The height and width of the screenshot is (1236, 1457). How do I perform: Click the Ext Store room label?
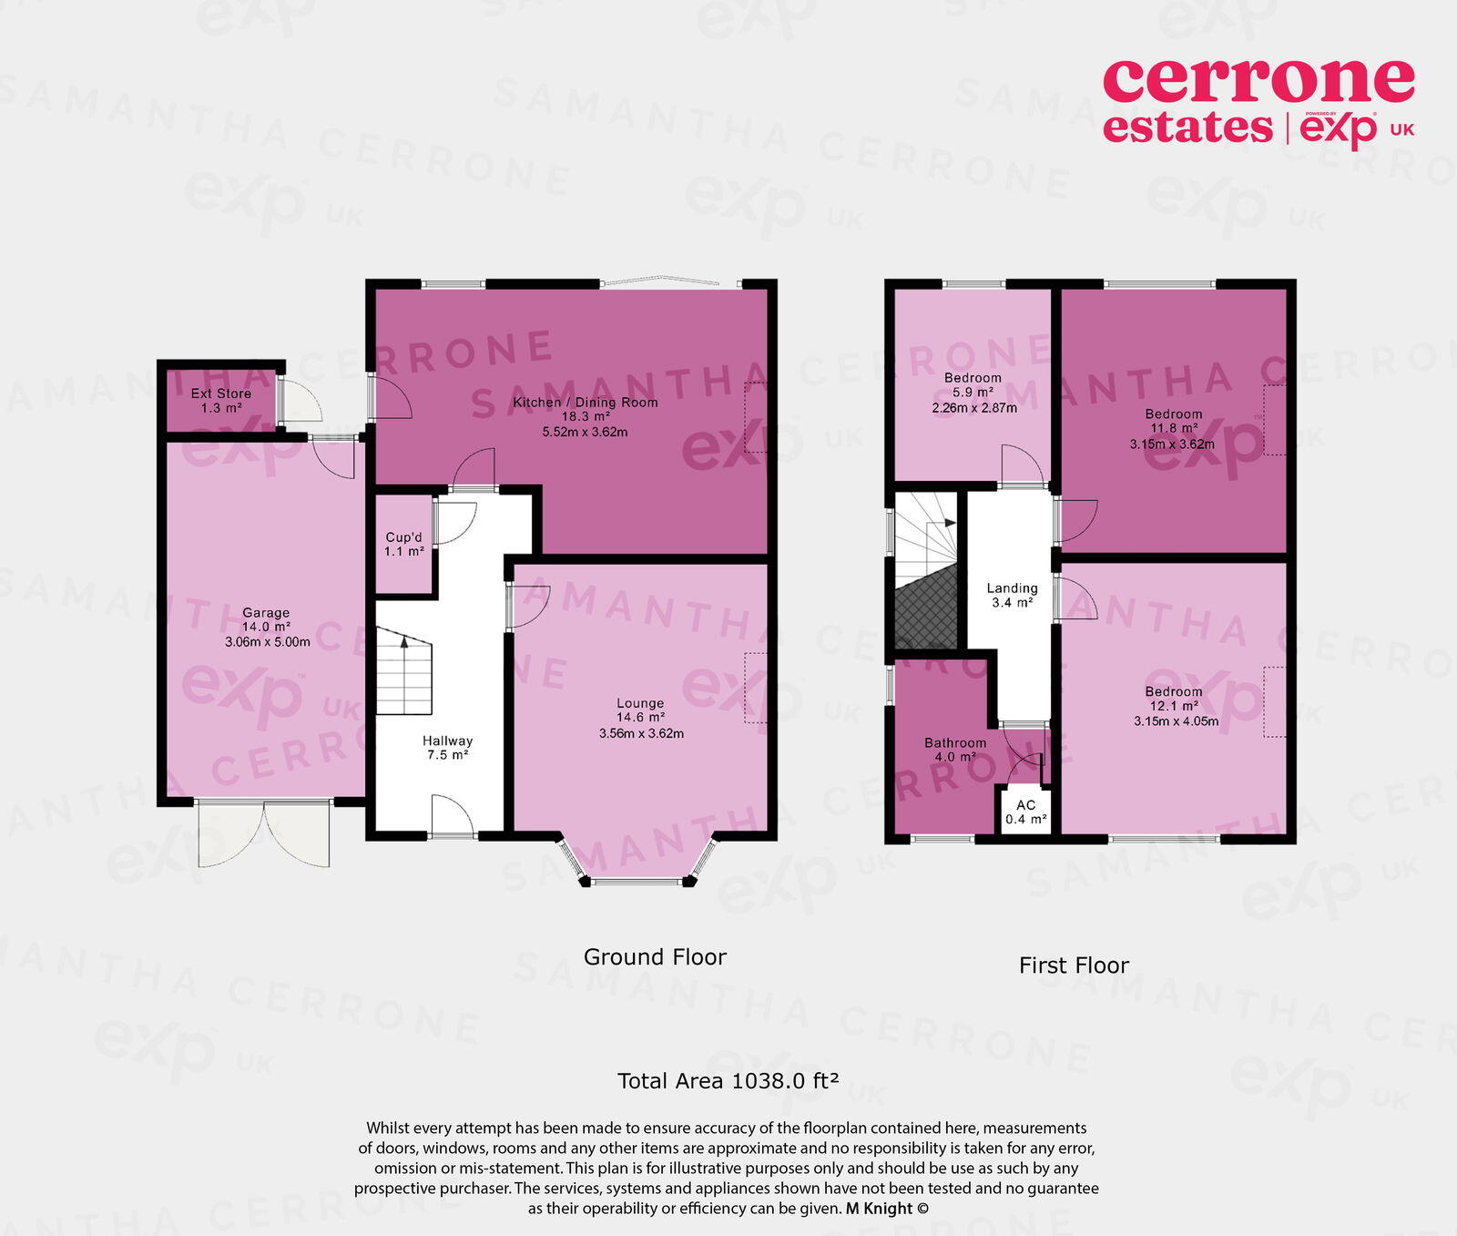pyautogui.click(x=220, y=394)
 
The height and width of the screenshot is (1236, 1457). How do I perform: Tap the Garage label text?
pyautogui.click(x=266, y=613)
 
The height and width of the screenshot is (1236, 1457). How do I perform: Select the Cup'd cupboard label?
pyautogui.click(x=403, y=537)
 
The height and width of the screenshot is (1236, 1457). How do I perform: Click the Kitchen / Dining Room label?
pyautogui.click(x=585, y=403)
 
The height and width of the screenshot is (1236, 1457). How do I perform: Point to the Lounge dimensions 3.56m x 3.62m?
pyautogui.click(x=641, y=732)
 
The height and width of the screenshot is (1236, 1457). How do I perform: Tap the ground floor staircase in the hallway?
pyautogui.click(x=404, y=674)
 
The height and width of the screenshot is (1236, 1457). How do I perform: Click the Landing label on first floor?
pyautogui.click(x=1012, y=588)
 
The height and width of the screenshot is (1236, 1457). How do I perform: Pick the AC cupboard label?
pyautogui.click(x=1025, y=805)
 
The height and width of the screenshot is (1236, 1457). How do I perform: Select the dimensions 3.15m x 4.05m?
pyautogui.click(x=1176, y=721)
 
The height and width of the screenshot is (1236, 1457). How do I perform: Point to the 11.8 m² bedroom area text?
pyautogui.click(x=1174, y=428)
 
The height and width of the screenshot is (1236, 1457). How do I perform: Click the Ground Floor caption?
pyautogui.click(x=655, y=957)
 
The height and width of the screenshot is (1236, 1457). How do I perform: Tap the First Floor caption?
pyautogui.click(x=1074, y=965)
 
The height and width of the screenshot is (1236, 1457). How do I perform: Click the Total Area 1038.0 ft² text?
pyautogui.click(x=728, y=1081)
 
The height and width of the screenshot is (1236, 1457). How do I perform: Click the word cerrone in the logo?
pyautogui.click(x=1258, y=81)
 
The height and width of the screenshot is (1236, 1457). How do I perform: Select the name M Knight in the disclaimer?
pyautogui.click(x=879, y=1209)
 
